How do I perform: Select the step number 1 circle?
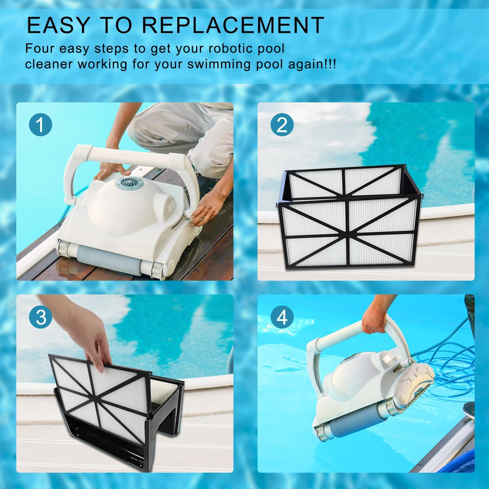coord(40,125)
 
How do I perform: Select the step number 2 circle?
coord(282,125)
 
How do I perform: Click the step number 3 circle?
coord(40,317)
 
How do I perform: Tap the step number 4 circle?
coord(282,317)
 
